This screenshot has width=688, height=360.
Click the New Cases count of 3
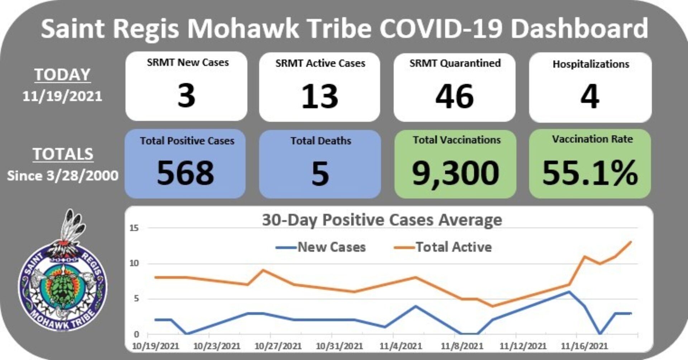click(186, 96)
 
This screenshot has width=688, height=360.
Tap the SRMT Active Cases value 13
click(320, 96)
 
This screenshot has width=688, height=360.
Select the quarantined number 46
click(454, 96)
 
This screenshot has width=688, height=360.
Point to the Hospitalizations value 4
click(590, 96)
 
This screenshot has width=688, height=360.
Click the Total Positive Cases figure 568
click(185, 173)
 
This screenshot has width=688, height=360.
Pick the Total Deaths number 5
click(320, 174)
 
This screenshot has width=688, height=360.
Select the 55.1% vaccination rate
click(590, 173)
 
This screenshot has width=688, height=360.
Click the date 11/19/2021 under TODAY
click(62, 96)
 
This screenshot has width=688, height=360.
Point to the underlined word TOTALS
click(63, 154)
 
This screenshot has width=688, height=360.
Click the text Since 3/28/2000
click(63, 176)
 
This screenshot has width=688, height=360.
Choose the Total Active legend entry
click(443, 247)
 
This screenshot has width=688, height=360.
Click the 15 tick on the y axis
click(134, 228)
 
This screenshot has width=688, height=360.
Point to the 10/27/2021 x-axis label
click(278, 346)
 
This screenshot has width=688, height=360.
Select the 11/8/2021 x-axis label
click(462, 346)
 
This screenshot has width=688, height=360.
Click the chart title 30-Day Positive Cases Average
click(382, 220)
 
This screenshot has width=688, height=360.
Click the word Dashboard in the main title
click(579, 29)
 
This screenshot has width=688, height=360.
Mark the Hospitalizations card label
click(591, 64)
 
